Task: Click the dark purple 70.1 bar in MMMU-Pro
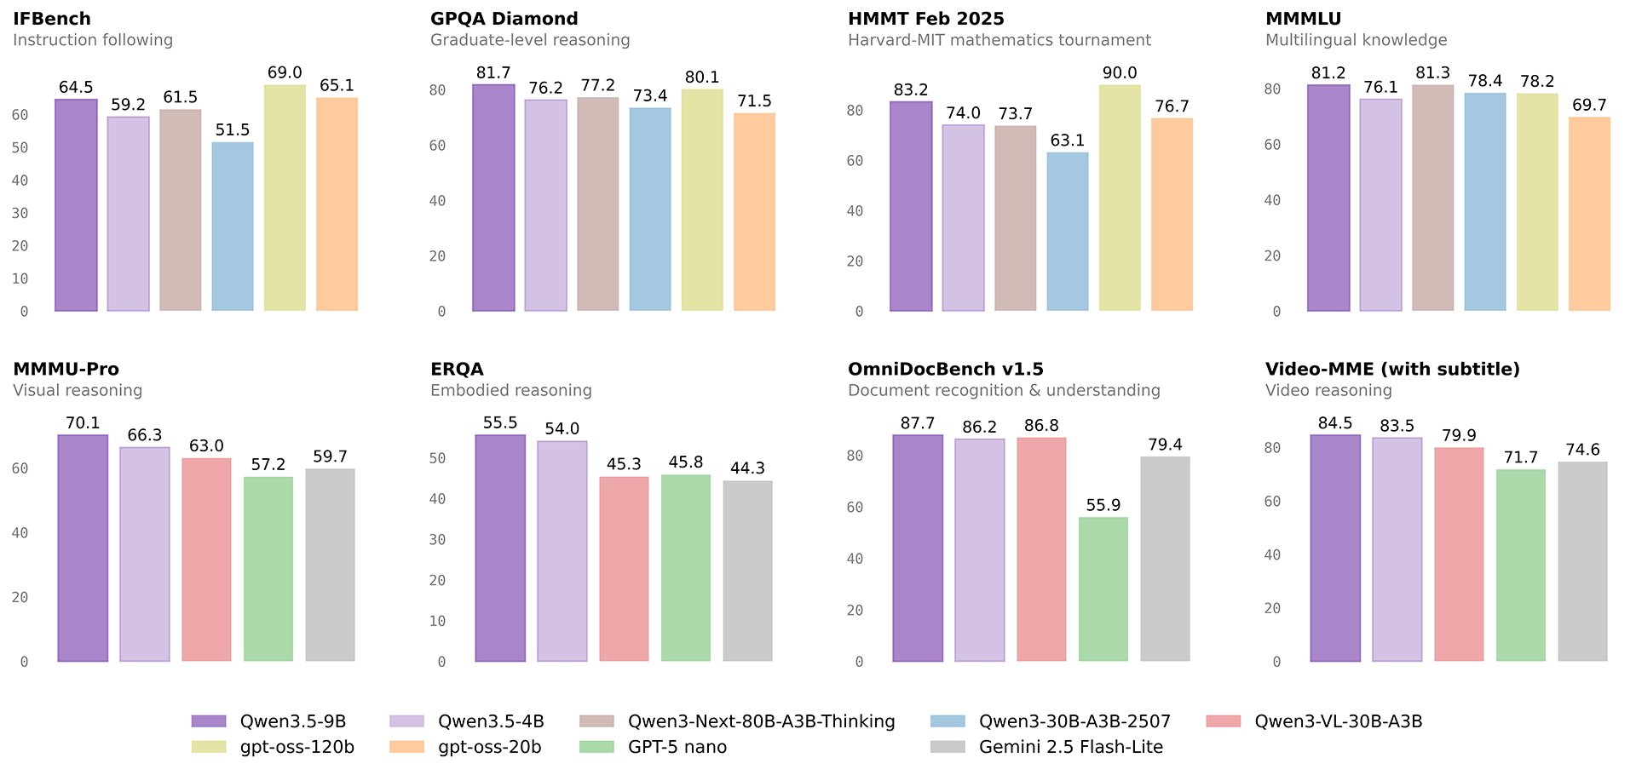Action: (x=83, y=548)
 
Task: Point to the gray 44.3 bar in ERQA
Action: (x=747, y=571)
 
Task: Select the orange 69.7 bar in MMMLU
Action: (x=1589, y=214)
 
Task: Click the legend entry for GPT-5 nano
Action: (x=677, y=747)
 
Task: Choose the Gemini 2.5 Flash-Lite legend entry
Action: (x=1070, y=747)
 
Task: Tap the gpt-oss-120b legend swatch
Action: (x=210, y=747)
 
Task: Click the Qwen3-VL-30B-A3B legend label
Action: (x=1338, y=721)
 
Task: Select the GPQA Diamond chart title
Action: (x=504, y=19)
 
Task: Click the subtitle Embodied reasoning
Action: (x=510, y=390)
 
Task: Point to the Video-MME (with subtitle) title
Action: (x=1392, y=369)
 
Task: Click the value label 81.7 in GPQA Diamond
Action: (x=493, y=73)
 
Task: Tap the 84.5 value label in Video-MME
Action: (x=1334, y=423)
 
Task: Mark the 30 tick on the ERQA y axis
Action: (x=437, y=539)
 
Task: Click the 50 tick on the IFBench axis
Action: (x=20, y=147)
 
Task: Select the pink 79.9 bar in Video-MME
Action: (x=1459, y=554)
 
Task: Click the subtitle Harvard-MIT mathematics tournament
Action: (x=999, y=40)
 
